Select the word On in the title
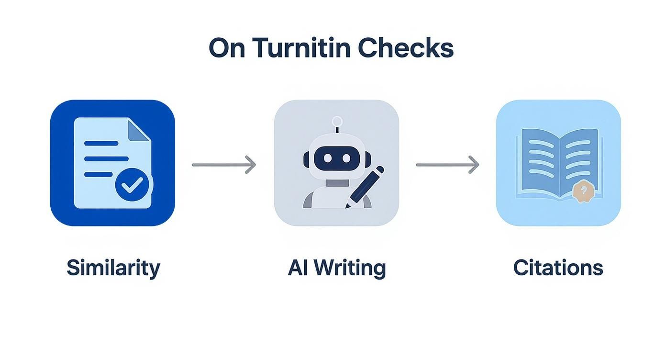227,48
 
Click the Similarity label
113,268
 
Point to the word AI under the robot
297,268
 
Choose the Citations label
558,268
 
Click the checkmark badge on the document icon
132,184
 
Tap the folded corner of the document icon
138,129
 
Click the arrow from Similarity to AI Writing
223,165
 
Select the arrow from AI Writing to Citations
447,165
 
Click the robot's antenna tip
337,121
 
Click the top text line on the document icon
101,143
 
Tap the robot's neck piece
337,183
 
